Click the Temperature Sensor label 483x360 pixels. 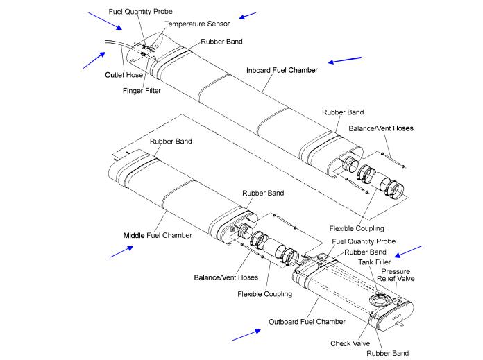(196, 24)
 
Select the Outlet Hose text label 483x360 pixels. (123, 74)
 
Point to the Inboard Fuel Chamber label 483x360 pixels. (282, 71)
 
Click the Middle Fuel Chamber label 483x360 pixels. (156, 235)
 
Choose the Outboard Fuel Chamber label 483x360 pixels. (307, 322)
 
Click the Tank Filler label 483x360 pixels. (383, 261)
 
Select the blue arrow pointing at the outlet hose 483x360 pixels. (94, 60)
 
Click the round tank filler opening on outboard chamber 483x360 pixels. (378, 300)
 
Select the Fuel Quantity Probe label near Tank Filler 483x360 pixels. (364, 241)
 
